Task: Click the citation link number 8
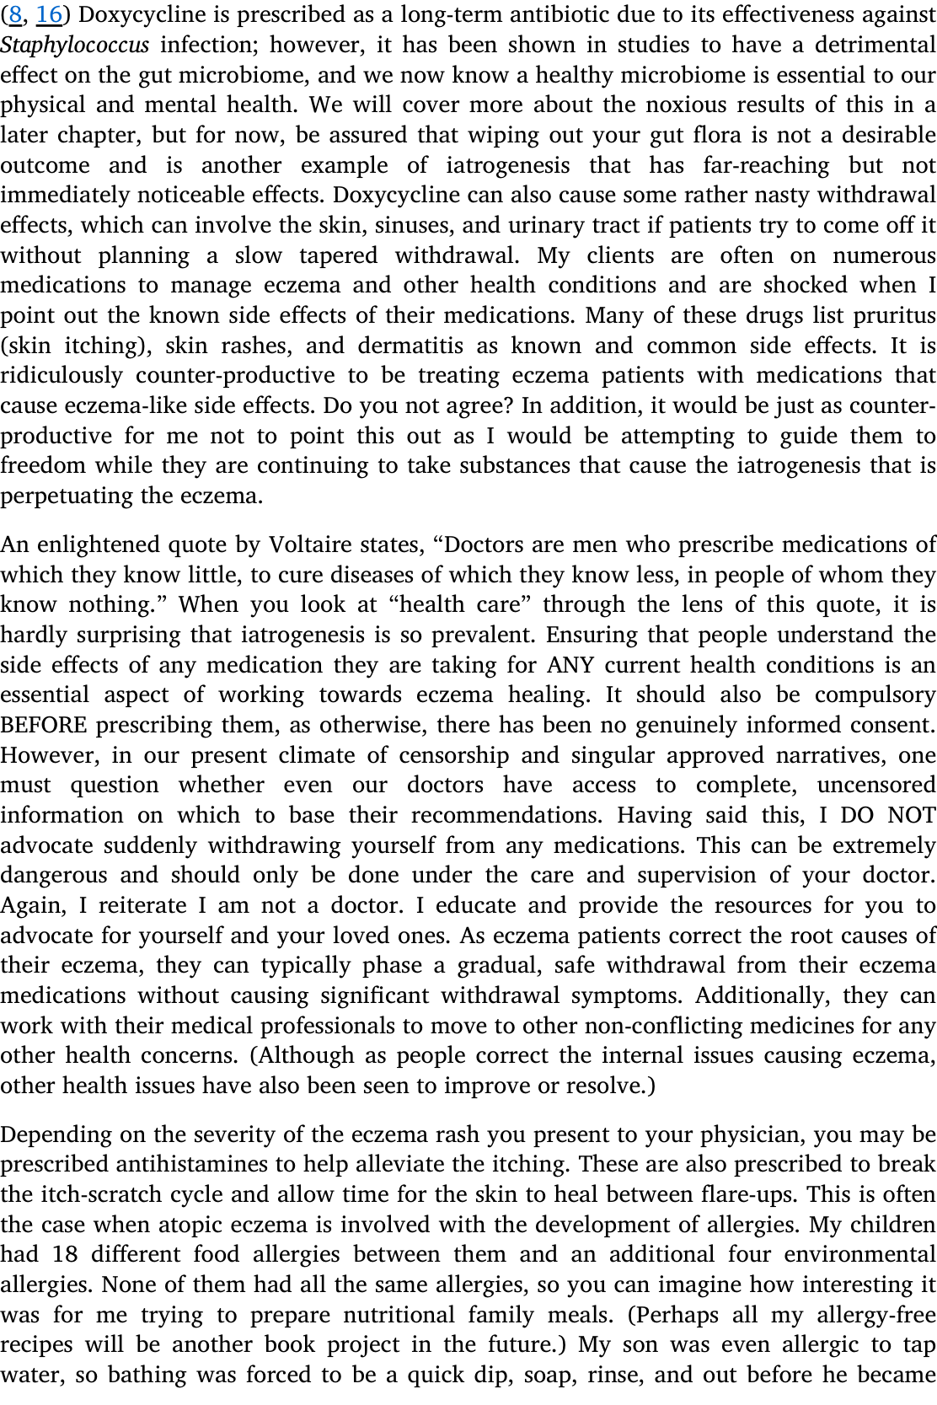pyautogui.click(x=14, y=15)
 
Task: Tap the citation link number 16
pyautogui.click(x=50, y=15)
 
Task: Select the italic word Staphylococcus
pyautogui.click(x=75, y=46)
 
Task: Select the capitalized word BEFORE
pyautogui.click(x=44, y=726)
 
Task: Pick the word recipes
pyautogui.click(x=36, y=1345)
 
